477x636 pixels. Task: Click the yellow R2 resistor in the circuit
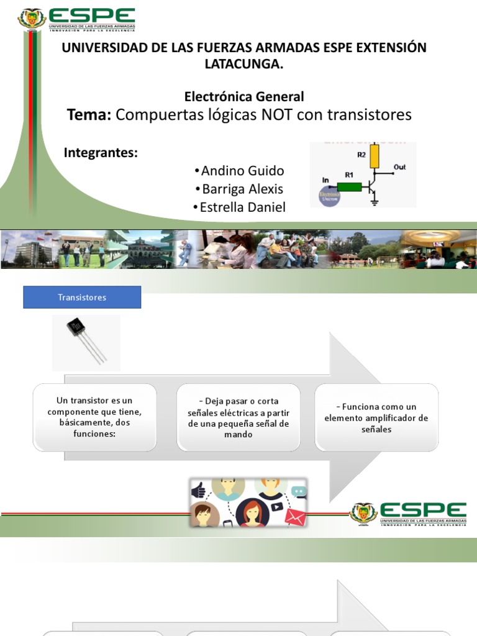click(x=374, y=157)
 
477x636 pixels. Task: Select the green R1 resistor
click(x=349, y=186)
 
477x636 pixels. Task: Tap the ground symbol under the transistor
click(x=375, y=202)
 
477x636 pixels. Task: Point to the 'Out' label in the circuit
click(x=399, y=167)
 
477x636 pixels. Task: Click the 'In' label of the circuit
click(x=325, y=180)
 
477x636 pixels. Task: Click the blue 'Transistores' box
click(x=82, y=298)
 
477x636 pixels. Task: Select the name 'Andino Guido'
click(x=242, y=171)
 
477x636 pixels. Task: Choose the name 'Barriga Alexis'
click(x=242, y=189)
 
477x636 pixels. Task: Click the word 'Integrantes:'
click(x=101, y=153)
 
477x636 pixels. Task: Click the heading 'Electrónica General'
click(x=244, y=97)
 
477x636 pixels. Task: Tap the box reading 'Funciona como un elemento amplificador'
click(x=376, y=417)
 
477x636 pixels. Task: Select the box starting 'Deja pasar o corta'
click(x=238, y=417)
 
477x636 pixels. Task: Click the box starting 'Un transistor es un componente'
click(x=94, y=417)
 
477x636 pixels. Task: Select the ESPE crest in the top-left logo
click(x=32, y=19)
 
